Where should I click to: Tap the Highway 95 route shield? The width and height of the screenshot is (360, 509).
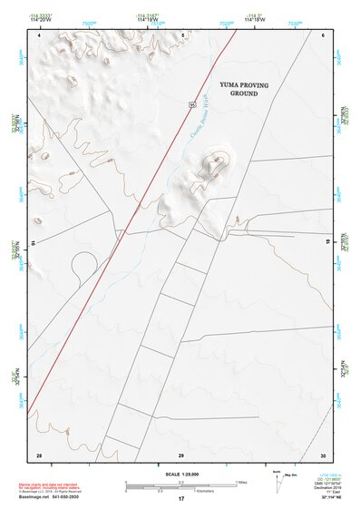tap(193, 105)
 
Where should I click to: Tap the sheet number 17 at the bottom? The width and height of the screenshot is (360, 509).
tap(181, 500)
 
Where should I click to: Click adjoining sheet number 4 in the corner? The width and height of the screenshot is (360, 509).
tap(39, 34)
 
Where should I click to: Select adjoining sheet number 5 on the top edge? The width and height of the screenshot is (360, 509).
tap(181, 34)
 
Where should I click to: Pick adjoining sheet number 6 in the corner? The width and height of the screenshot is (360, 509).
tap(323, 34)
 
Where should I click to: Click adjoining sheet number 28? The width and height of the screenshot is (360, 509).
tap(39, 454)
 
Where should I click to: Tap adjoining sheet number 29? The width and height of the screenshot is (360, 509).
tap(181, 454)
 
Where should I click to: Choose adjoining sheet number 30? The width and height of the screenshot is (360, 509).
tap(322, 454)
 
